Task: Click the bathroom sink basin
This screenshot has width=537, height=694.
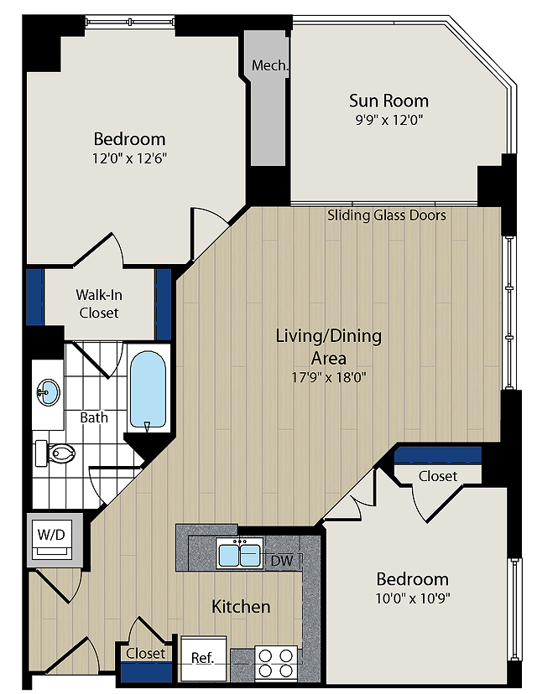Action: coord(49,392)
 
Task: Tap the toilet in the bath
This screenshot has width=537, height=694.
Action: coord(55,453)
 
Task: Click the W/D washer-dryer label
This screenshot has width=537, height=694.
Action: coord(51,534)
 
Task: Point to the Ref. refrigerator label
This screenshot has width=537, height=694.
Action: coord(202,657)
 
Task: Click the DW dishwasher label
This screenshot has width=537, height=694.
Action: coord(282,561)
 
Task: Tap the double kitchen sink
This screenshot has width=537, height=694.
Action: coord(240,552)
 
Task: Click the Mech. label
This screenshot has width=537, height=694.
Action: coord(270,65)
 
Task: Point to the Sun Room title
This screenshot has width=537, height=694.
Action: coord(388,101)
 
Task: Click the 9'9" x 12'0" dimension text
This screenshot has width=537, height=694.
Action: coord(389,120)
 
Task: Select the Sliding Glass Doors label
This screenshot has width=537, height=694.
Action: coord(386,215)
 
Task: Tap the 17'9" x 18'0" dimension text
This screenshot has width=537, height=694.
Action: coord(329,377)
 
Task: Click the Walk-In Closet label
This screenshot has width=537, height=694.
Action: coord(99,303)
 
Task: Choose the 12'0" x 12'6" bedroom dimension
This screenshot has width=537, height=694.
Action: coord(129,158)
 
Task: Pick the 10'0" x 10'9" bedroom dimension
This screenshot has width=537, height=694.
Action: coord(413,598)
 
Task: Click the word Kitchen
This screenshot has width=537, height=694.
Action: coord(241,606)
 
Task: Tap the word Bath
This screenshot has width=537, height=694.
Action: coord(94,417)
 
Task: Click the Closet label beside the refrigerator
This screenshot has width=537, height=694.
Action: coord(145,653)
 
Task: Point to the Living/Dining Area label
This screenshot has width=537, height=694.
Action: coord(329,346)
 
